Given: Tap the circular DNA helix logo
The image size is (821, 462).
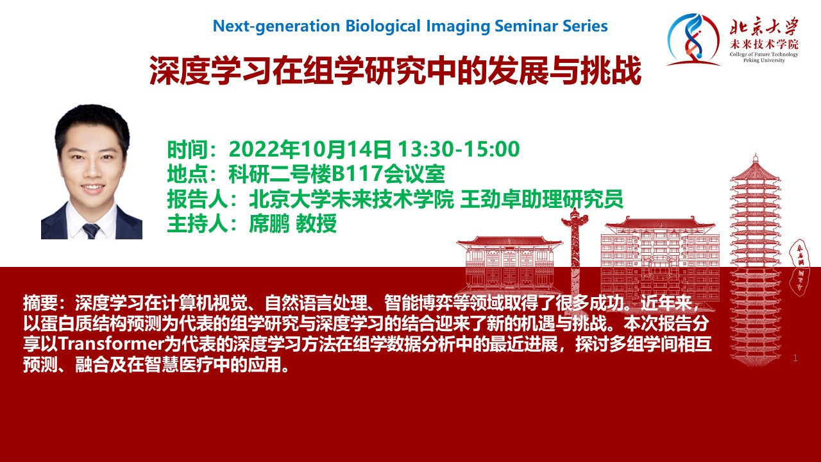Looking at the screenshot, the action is click(x=693, y=40).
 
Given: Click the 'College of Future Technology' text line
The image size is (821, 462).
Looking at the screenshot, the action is click(x=764, y=55).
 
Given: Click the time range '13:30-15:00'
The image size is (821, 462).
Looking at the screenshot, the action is click(x=459, y=149).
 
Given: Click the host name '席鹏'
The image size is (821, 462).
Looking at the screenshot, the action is click(x=269, y=223).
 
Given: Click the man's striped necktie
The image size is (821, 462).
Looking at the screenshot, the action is click(x=90, y=230).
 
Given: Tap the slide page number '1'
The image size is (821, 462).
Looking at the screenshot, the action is click(x=795, y=358).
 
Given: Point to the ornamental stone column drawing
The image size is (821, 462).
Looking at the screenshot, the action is click(x=575, y=252).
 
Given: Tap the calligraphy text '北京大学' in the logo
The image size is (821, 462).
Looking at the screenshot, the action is click(x=764, y=26).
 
